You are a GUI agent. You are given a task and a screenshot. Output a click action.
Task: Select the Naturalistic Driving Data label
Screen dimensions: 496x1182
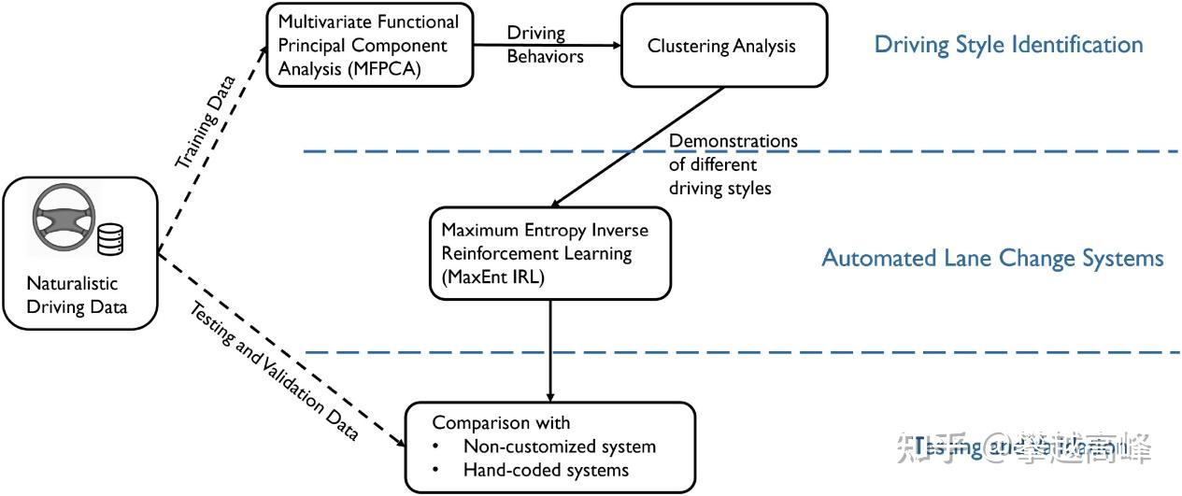pos(78,294)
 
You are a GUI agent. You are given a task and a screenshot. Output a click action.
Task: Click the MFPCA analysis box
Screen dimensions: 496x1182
pos(369,45)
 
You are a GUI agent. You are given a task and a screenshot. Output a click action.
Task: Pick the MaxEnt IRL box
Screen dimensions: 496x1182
pos(549,253)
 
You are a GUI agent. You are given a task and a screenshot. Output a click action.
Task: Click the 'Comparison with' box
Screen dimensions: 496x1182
pos(549,446)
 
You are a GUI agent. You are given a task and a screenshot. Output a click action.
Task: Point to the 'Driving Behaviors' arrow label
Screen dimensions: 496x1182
pos(545,45)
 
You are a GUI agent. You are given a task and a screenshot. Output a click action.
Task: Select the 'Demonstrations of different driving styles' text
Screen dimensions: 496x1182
pos(733,163)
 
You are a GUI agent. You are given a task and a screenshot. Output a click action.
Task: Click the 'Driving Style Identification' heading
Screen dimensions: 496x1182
pos(1008,44)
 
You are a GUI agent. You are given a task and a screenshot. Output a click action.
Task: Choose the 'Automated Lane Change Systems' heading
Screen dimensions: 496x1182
pos(992,258)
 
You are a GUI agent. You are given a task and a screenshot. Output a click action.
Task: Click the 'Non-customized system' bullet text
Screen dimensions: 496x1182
pos(559,446)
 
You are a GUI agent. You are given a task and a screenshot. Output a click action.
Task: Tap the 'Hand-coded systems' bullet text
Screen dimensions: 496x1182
pos(546,470)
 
